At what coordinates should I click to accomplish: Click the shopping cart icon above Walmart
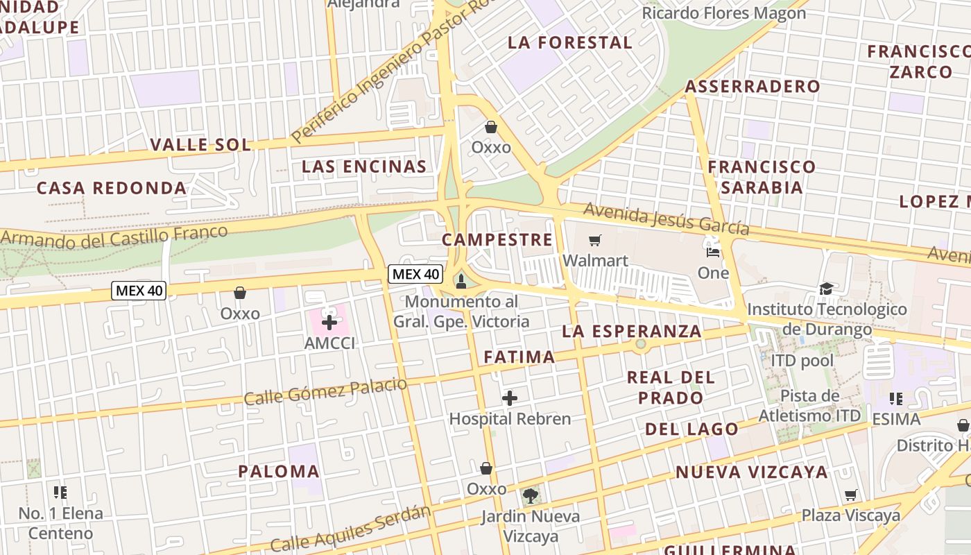(x=594, y=241)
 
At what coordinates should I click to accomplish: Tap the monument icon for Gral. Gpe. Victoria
(x=461, y=281)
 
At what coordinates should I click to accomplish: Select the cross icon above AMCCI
(x=329, y=322)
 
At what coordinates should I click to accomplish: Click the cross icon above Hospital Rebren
(x=510, y=398)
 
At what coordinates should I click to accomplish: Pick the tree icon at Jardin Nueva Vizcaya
(x=531, y=495)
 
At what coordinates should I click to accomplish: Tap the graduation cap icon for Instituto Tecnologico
(x=826, y=289)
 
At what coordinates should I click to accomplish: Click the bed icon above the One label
(x=712, y=251)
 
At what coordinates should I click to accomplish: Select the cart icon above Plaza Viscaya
(x=851, y=495)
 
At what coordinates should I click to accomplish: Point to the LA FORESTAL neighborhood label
(x=570, y=42)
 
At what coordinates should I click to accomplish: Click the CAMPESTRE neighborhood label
(x=497, y=240)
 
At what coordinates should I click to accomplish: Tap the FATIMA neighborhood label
(x=519, y=357)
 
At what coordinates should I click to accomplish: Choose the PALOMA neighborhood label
(x=279, y=472)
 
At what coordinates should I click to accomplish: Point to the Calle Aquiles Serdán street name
(x=350, y=529)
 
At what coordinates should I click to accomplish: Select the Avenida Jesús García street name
(x=666, y=219)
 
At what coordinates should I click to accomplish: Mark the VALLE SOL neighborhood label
(x=200, y=145)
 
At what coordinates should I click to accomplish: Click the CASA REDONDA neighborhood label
(x=112, y=188)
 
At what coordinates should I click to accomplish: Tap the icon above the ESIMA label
(x=896, y=399)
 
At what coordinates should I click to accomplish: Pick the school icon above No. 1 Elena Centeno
(x=60, y=493)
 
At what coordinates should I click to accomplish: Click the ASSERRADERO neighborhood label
(x=753, y=87)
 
